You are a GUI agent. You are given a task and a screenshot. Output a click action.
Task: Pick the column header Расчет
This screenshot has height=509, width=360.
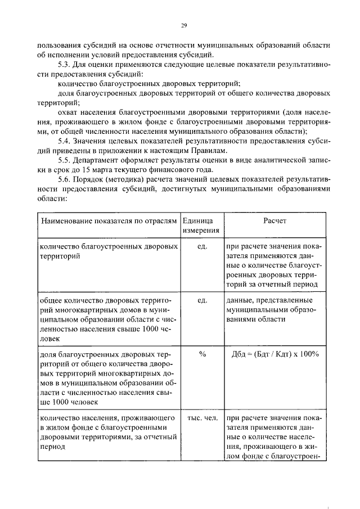[274, 221]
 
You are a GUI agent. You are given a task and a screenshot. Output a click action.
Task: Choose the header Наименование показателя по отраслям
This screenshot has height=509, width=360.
[108, 221]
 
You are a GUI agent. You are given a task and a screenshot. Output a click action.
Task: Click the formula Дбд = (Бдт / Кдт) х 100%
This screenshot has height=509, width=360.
[274, 354]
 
